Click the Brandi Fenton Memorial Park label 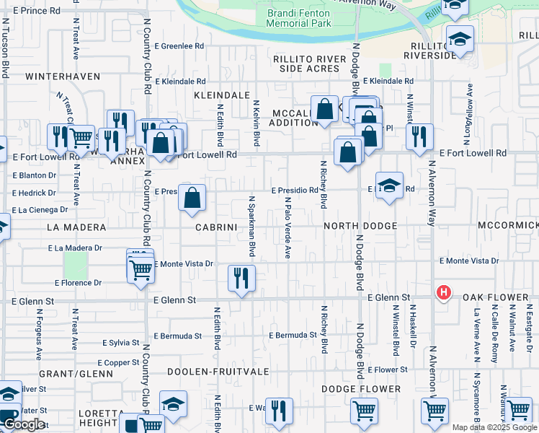tap(299, 18)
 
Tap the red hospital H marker tap(444, 292)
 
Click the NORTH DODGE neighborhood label tap(360, 227)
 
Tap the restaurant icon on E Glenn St tap(241, 277)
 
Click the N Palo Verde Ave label tap(287, 227)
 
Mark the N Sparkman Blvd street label tap(251, 227)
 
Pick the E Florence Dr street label tap(77, 283)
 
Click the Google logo tap(23, 424)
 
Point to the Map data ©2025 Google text tap(494, 427)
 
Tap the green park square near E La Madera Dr tap(75, 265)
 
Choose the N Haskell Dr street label tap(414, 332)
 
